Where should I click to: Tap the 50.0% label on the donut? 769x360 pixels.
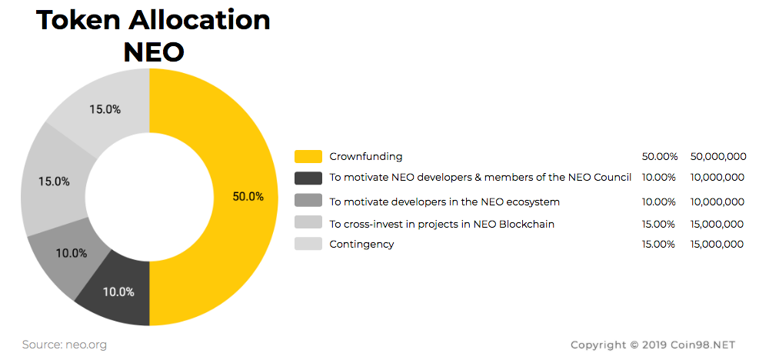click(x=248, y=196)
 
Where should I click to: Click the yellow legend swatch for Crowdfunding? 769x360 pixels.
click(x=308, y=156)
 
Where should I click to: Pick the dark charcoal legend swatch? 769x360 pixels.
click(x=308, y=178)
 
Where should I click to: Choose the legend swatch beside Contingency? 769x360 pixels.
click(x=308, y=244)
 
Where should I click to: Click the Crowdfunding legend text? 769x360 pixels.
click(x=365, y=156)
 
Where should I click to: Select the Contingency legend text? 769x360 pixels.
click(x=361, y=244)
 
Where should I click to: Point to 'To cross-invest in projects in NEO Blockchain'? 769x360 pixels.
click(x=441, y=224)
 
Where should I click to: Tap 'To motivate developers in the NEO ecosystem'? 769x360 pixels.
click(x=444, y=202)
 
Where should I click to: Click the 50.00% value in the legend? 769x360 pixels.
click(x=659, y=156)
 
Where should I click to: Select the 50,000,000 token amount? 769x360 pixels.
click(x=718, y=156)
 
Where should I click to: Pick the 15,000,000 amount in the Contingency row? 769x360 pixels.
click(x=717, y=244)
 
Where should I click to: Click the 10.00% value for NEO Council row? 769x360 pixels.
click(x=659, y=178)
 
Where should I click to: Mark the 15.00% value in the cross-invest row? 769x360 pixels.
click(x=659, y=224)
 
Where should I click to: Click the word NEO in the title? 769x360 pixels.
click(x=153, y=51)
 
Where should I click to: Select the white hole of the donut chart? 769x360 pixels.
click(x=149, y=196)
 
